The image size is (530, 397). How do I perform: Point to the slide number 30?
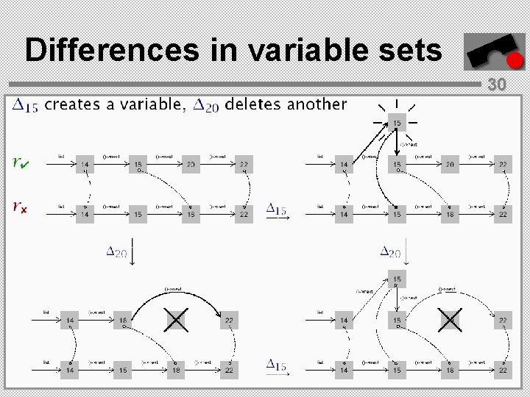[497, 85]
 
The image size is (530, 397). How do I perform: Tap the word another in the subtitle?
[317, 104]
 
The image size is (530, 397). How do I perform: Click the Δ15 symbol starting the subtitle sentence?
[26, 106]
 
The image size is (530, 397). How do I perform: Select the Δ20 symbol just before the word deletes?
[206, 106]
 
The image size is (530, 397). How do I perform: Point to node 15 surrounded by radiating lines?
[397, 123]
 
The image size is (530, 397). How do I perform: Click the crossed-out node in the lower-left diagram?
[176, 321]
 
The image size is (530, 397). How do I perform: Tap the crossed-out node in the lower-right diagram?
[450, 321]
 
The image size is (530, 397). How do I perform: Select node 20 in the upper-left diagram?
[191, 165]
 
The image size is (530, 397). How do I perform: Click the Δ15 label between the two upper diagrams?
[277, 210]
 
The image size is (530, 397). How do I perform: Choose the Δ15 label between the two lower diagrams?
[277, 365]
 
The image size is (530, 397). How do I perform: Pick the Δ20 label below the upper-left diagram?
[116, 252]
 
